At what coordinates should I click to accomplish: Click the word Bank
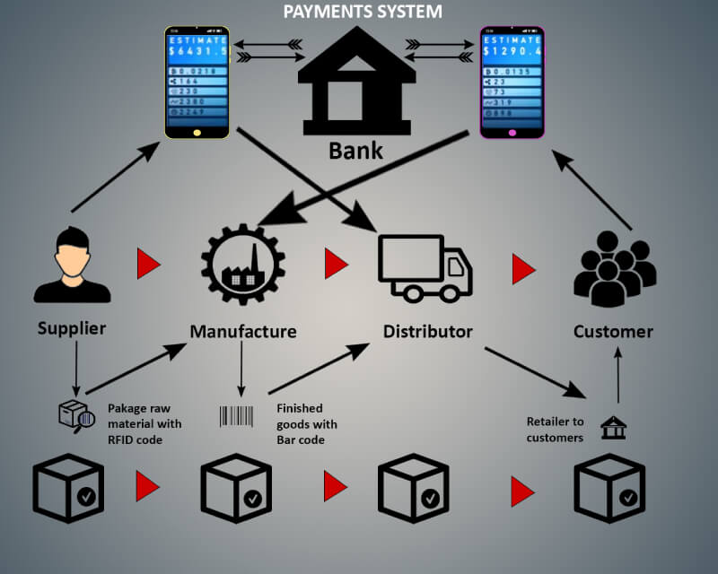click(355, 150)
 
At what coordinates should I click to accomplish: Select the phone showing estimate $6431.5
click(197, 83)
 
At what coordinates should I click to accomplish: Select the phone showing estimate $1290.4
click(512, 83)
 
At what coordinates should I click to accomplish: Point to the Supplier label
click(72, 328)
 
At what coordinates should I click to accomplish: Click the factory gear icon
click(242, 265)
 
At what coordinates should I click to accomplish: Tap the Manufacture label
click(242, 332)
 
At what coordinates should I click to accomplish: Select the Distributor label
click(427, 332)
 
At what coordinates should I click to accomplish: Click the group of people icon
click(615, 266)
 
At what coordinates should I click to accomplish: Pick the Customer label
click(613, 332)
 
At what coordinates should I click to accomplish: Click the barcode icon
click(239, 416)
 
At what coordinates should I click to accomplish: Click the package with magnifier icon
click(76, 415)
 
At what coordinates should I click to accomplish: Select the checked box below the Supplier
click(68, 489)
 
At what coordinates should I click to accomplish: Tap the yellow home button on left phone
click(197, 132)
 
